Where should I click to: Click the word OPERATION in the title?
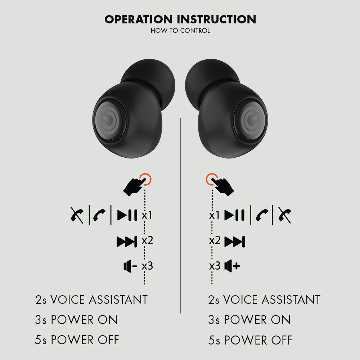click(139, 19)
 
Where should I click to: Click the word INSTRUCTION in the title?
click(216, 19)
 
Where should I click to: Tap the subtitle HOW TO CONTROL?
click(180, 31)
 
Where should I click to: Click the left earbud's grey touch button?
click(108, 120)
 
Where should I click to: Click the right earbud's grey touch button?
click(253, 120)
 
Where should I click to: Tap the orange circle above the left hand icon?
click(145, 179)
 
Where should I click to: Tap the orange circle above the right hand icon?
click(212, 179)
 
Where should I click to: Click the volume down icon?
click(130, 266)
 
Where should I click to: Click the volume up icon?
click(232, 266)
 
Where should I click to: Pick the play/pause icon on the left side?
click(127, 215)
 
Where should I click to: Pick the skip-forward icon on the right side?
click(235, 242)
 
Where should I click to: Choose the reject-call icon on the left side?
click(77, 215)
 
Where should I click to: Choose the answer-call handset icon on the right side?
click(262, 215)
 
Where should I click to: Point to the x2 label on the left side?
click(147, 240)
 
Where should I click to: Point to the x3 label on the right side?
click(215, 266)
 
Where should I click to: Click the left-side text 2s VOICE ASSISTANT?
click(91, 300)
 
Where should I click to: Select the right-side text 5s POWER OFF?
click(250, 340)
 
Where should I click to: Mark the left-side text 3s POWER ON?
click(76, 320)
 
